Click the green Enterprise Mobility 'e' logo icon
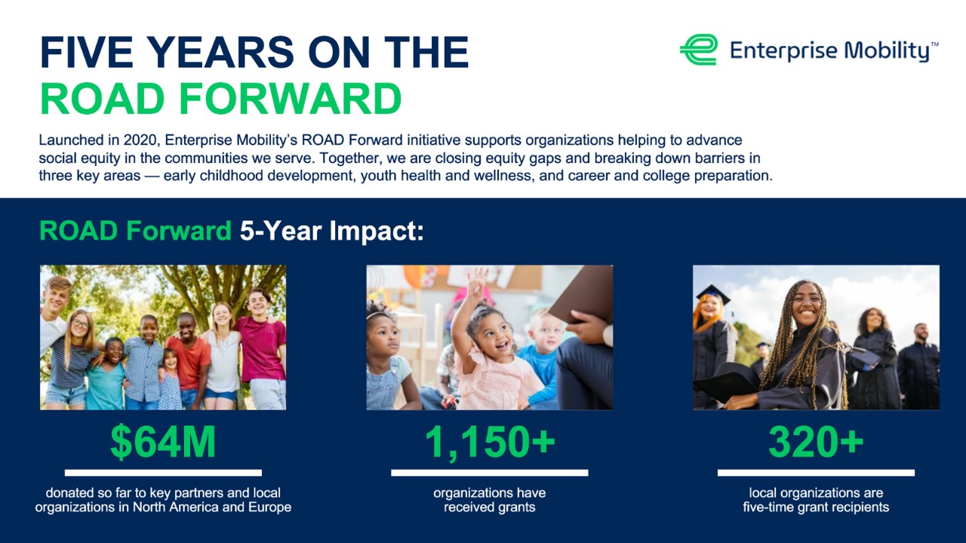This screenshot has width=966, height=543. point(698,50)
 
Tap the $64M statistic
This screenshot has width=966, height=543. point(163,443)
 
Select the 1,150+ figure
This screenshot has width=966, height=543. point(489,443)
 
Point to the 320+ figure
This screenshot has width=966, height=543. point(816,443)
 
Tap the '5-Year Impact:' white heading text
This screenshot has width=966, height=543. point(332,232)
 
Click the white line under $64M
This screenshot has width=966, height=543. point(163,473)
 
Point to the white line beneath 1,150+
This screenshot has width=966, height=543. point(489,473)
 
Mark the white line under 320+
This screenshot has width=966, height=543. point(816,473)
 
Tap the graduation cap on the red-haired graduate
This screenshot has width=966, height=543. point(711,293)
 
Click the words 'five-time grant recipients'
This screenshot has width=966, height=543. point(816,508)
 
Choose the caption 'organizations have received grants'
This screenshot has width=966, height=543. point(489,500)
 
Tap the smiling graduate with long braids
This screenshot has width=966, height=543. point(804,339)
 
